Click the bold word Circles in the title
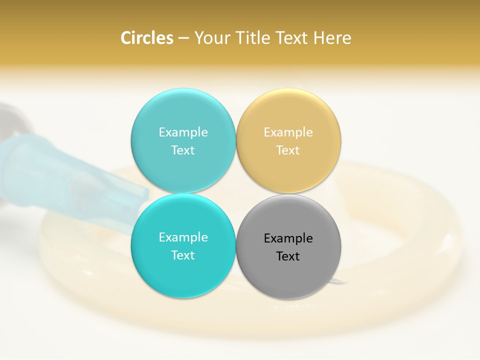pyautogui.click(x=147, y=38)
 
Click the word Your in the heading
pyautogui.click(x=210, y=38)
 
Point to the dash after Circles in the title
pyautogui.click(x=183, y=38)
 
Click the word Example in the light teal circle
pyautogui.click(x=183, y=132)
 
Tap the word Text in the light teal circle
pyautogui.click(x=183, y=150)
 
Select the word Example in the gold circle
pyautogui.click(x=288, y=132)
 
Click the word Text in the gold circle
pyautogui.click(x=288, y=150)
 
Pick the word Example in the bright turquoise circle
pyautogui.click(x=183, y=237)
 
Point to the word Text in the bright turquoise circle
pyautogui.click(x=183, y=255)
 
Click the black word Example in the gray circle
pyautogui.click(x=288, y=238)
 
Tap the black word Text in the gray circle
pyautogui.click(x=288, y=256)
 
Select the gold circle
pyautogui.click(x=288, y=170)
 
